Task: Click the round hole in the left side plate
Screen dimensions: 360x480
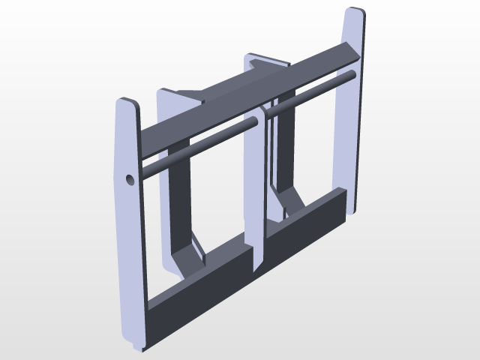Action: [x=129, y=180]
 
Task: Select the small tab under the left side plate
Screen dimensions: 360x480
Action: [x=136, y=347]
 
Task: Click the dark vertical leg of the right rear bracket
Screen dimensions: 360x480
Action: [x=283, y=150]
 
